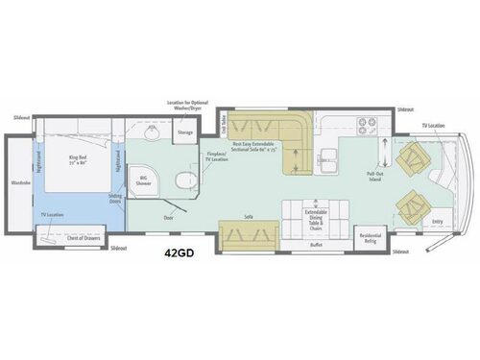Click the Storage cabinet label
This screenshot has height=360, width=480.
coord(185,132)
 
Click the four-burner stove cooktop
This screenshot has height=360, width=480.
coord(369,123)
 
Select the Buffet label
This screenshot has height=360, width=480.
coord(316,245)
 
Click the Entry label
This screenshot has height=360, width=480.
coord(438,222)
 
